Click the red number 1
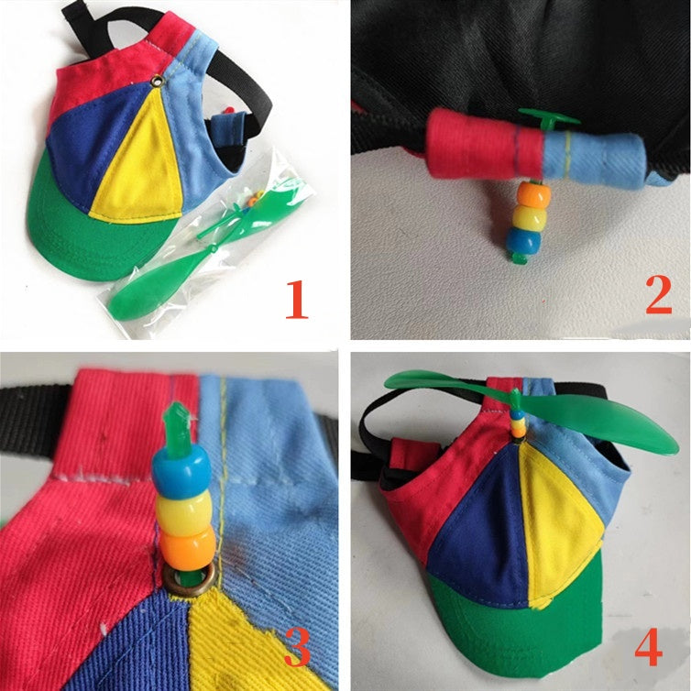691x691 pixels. (x=297, y=300)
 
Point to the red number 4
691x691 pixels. (x=648, y=646)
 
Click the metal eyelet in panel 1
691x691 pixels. (x=156, y=81)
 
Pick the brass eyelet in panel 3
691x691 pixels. (x=189, y=579)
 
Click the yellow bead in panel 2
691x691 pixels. (x=530, y=216)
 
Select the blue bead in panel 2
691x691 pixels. (x=523, y=240)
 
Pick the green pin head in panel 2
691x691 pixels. (x=548, y=119)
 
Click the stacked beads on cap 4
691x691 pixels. (x=519, y=423)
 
